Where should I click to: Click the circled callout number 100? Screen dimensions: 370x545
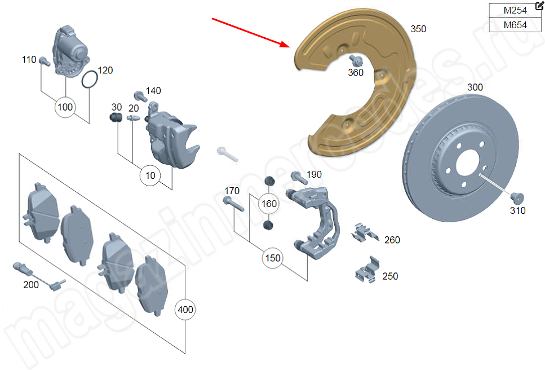click(66, 107)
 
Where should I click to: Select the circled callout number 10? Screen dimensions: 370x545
click(150, 175)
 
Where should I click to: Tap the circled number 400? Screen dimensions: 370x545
click(185, 310)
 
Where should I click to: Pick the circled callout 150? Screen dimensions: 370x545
click(272, 258)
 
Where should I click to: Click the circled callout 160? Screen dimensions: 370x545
click(269, 204)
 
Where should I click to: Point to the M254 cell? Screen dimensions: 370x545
click(515, 11)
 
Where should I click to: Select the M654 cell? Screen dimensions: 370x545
click(515, 25)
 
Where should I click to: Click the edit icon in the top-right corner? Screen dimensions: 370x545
click(539, 5)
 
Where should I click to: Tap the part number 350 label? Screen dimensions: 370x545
click(418, 29)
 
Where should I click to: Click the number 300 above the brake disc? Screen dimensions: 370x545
click(475, 87)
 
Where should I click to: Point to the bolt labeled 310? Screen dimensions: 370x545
click(517, 199)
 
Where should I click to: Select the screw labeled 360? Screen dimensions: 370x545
click(355, 60)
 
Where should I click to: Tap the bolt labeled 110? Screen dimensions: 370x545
click(44, 61)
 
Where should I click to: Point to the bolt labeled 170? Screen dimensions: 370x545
click(233, 203)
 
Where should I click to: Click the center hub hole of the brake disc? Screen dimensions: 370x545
click(469, 165)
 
